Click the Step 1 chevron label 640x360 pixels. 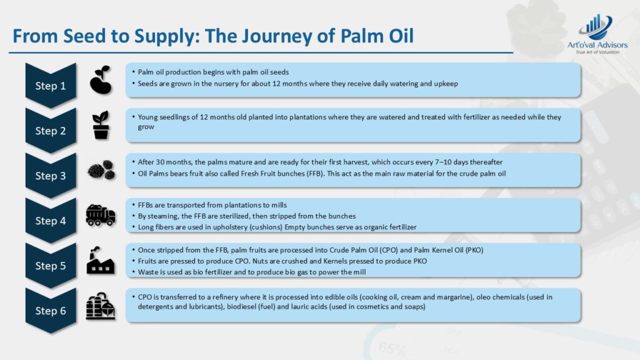[x=51, y=85]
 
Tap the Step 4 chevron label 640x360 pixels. [x=51, y=221]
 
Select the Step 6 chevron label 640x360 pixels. [x=51, y=311]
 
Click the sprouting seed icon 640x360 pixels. [x=101, y=80]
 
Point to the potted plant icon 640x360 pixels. [x=101, y=125]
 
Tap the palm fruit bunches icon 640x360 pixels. [x=101, y=170]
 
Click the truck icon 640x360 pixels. [x=101, y=215]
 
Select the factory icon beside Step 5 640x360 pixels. [x=101, y=261]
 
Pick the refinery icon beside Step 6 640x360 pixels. [x=101, y=306]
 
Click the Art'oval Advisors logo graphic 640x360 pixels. [x=596, y=27]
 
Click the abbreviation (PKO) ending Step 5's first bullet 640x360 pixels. [x=474, y=250]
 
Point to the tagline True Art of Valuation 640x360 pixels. [x=597, y=52]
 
